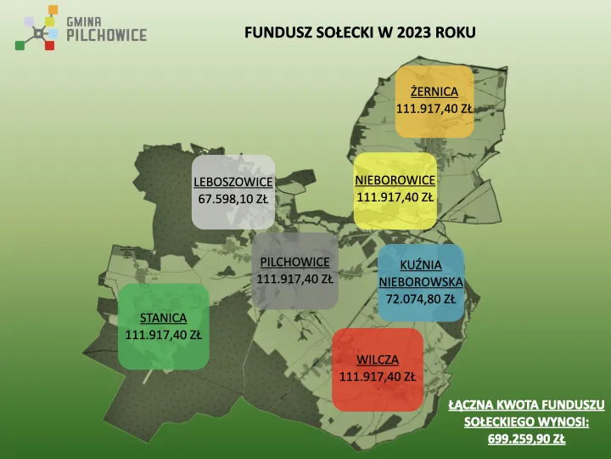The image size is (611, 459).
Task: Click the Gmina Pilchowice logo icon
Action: (36, 27)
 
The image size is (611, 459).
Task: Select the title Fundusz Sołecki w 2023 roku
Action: (360, 32)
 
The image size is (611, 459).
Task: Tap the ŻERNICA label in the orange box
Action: (434, 92)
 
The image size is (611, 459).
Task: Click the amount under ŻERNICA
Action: (434, 109)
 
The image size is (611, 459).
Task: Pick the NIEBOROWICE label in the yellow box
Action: (395, 180)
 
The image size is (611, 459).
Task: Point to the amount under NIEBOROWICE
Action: (395, 197)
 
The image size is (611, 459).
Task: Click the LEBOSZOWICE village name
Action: (233, 183)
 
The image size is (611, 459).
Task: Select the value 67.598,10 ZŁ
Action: (233, 200)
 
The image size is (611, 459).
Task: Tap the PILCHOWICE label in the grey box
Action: (294, 261)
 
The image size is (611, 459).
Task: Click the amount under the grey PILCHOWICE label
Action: (294, 278)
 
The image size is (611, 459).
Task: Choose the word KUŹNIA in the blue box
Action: (421, 265)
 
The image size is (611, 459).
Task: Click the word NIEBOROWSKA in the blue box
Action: (421, 282)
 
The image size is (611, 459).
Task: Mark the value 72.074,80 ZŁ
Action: (421, 299)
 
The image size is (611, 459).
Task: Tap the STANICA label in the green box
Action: (163, 319)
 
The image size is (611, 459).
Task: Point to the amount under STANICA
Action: (163, 335)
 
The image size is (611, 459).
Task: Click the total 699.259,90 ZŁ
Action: (526, 439)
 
